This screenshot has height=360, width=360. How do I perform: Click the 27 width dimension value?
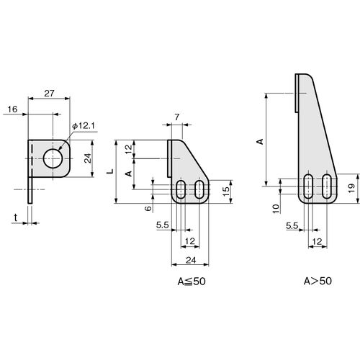[x=49, y=93]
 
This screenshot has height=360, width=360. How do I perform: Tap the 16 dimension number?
[x=12, y=109]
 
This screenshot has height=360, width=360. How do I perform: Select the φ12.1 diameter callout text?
[x=84, y=126]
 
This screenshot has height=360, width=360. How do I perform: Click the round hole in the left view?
[x=53, y=158]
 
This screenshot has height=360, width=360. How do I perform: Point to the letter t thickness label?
[x=16, y=217]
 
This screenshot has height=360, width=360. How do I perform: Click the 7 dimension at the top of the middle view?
[x=177, y=117]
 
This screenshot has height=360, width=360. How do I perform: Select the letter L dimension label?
[x=110, y=171]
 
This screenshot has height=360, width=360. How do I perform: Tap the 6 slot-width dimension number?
[x=149, y=208]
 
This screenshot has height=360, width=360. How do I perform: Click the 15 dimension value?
[x=226, y=192]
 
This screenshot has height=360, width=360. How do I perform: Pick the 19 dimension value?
[x=351, y=188]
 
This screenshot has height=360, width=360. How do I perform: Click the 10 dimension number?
[x=276, y=209]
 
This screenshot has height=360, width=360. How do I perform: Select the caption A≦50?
[x=192, y=282]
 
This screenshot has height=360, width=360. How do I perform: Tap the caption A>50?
[x=318, y=281]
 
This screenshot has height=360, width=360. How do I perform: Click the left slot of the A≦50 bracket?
[x=181, y=189]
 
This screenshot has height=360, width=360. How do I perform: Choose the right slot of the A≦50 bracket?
[x=199, y=189]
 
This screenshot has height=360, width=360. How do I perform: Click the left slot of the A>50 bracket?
[x=308, y=186]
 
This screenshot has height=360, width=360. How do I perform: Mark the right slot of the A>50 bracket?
[x=327, y=186]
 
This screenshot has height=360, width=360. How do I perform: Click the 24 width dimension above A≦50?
[x=191, y=260]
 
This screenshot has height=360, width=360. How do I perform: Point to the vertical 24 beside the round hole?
[x=88, y=158]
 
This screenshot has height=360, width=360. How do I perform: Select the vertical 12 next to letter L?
[x=129, y=148]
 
